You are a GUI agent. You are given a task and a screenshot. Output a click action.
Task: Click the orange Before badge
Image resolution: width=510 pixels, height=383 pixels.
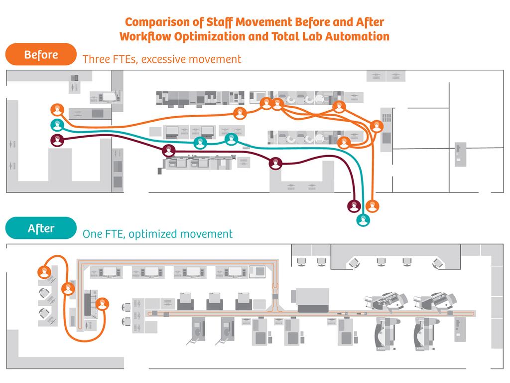pos(41,54)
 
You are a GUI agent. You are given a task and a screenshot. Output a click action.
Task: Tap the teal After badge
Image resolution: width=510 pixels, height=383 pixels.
pos(41,228)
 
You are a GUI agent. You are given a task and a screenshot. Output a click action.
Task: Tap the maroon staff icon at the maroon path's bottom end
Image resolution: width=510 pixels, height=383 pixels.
pos(354,205)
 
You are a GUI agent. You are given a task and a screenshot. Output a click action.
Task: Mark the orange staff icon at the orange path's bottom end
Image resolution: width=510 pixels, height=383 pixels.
pos(372,205)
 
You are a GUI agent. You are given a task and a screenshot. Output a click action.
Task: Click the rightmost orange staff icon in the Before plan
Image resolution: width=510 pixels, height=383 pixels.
pos(377,126)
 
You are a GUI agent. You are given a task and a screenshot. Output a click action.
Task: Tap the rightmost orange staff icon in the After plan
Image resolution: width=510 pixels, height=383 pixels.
pos(102,303)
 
